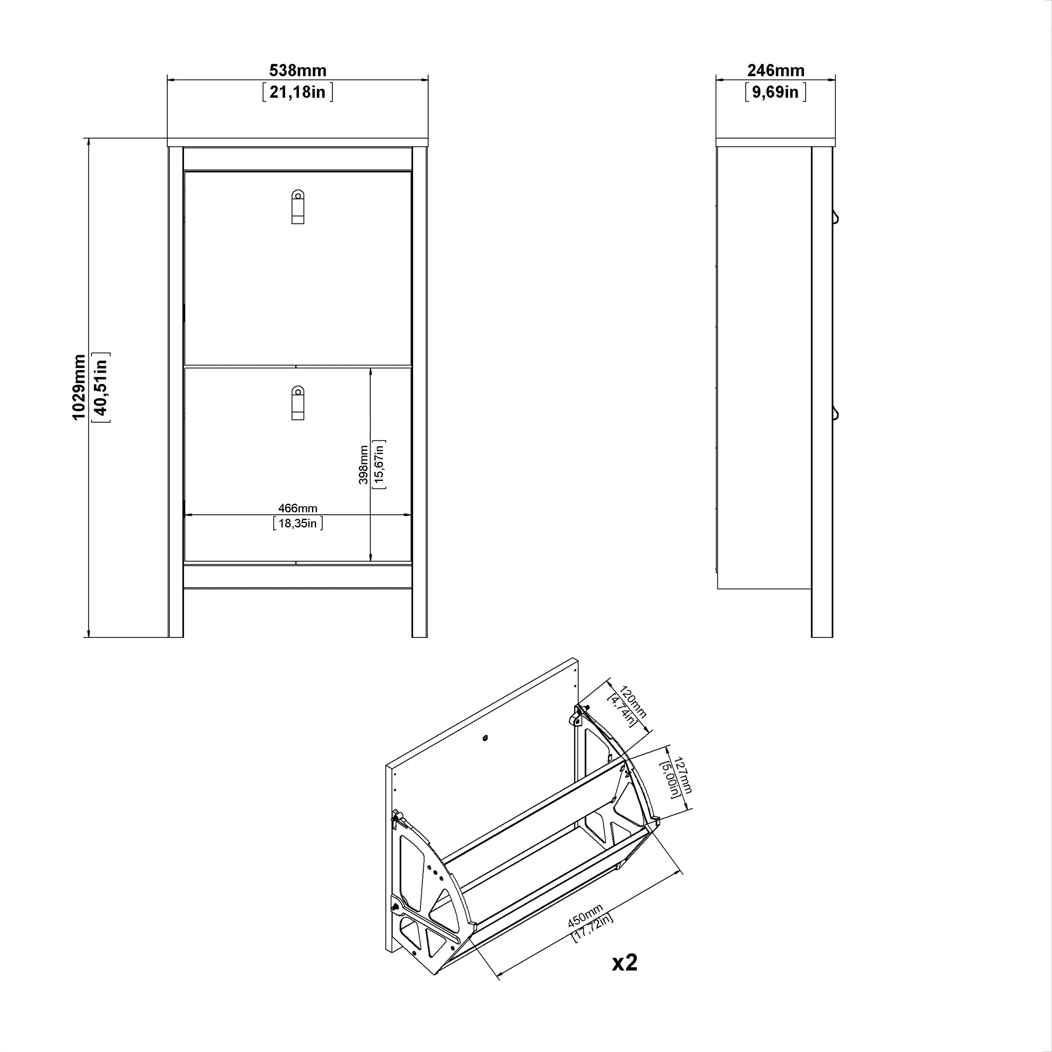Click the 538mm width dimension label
coord(297,70)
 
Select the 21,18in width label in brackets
coord(297,92)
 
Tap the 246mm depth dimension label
coord(775,70)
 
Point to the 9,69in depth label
coord(775,92)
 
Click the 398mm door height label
coord(363,465)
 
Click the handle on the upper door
coord(297,207)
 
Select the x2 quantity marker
coord(625,963)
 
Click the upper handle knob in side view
coord(835,217)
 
